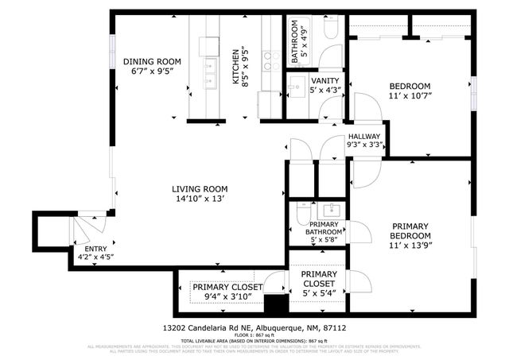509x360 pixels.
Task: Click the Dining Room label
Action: tap(151, 61)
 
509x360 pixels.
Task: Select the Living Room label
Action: tap(200, 189)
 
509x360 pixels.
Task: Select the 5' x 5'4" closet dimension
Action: tap(317, 294)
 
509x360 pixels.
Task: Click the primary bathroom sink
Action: tap(330, 211)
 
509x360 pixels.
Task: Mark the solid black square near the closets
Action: tap(275, 304)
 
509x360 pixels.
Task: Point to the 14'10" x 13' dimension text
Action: tap(200, 199)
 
